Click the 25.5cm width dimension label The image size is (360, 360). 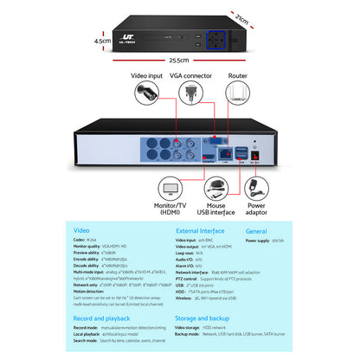coord(179,61)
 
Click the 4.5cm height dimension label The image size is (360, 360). coord(102,40)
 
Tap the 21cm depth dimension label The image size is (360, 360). coord(253,20)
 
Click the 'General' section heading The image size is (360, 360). coord(256,231)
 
